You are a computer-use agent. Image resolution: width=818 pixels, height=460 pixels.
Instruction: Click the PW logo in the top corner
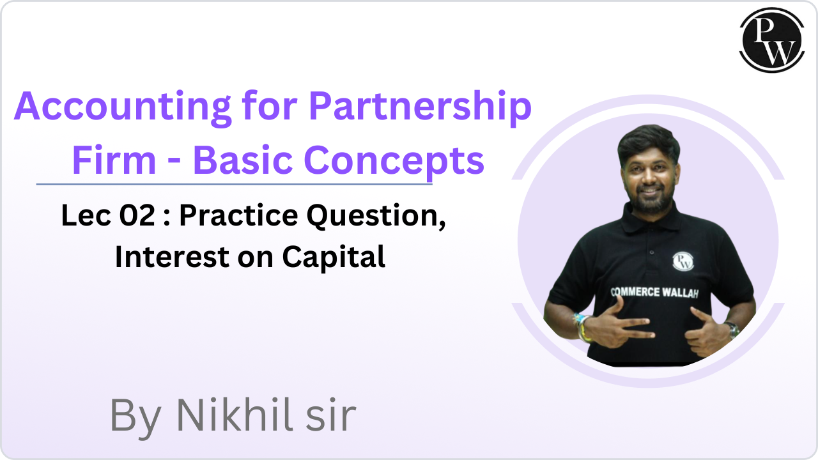(771, 40)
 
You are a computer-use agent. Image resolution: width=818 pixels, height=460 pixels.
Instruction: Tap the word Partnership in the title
(420, 107)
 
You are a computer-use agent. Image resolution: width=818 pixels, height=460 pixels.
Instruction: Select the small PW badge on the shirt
(683, 261)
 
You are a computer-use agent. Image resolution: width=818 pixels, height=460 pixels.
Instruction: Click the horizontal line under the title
(234, 185)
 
